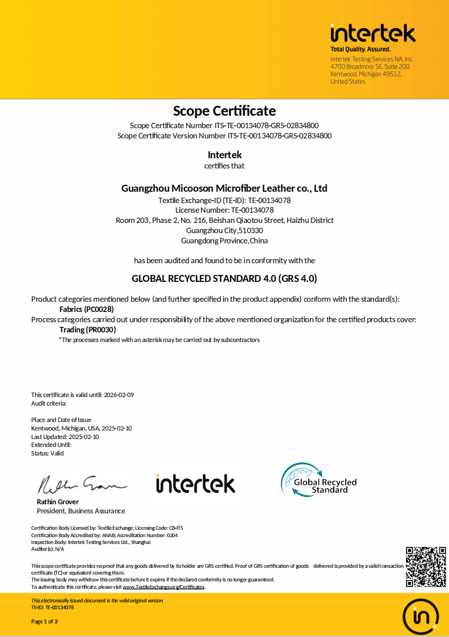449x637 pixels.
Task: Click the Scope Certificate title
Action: click(x=224, y=111)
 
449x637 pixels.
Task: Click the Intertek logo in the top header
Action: click(x=373, y=33)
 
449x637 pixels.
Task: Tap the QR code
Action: click(x=426, y=567)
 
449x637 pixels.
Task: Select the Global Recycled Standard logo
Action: click(x=318, y=480)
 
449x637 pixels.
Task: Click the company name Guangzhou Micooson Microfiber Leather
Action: click(x=224, y=188)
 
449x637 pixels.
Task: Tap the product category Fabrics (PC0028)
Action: click(x=86, y=309)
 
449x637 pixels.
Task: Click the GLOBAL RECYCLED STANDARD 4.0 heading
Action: click(x=224, y=279)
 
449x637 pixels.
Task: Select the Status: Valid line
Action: click(x=48, y=453)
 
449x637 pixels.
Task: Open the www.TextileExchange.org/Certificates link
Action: click(x=163, y=587)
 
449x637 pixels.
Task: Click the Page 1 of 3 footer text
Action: click(x=44, y=622)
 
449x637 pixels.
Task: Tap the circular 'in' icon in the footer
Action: click(x=420, y=616)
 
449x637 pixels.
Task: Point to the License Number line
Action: click(x=224, y=210)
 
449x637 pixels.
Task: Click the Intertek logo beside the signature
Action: click(x=195, y=483)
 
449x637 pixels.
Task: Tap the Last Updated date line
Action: click(x=65, y=437)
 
